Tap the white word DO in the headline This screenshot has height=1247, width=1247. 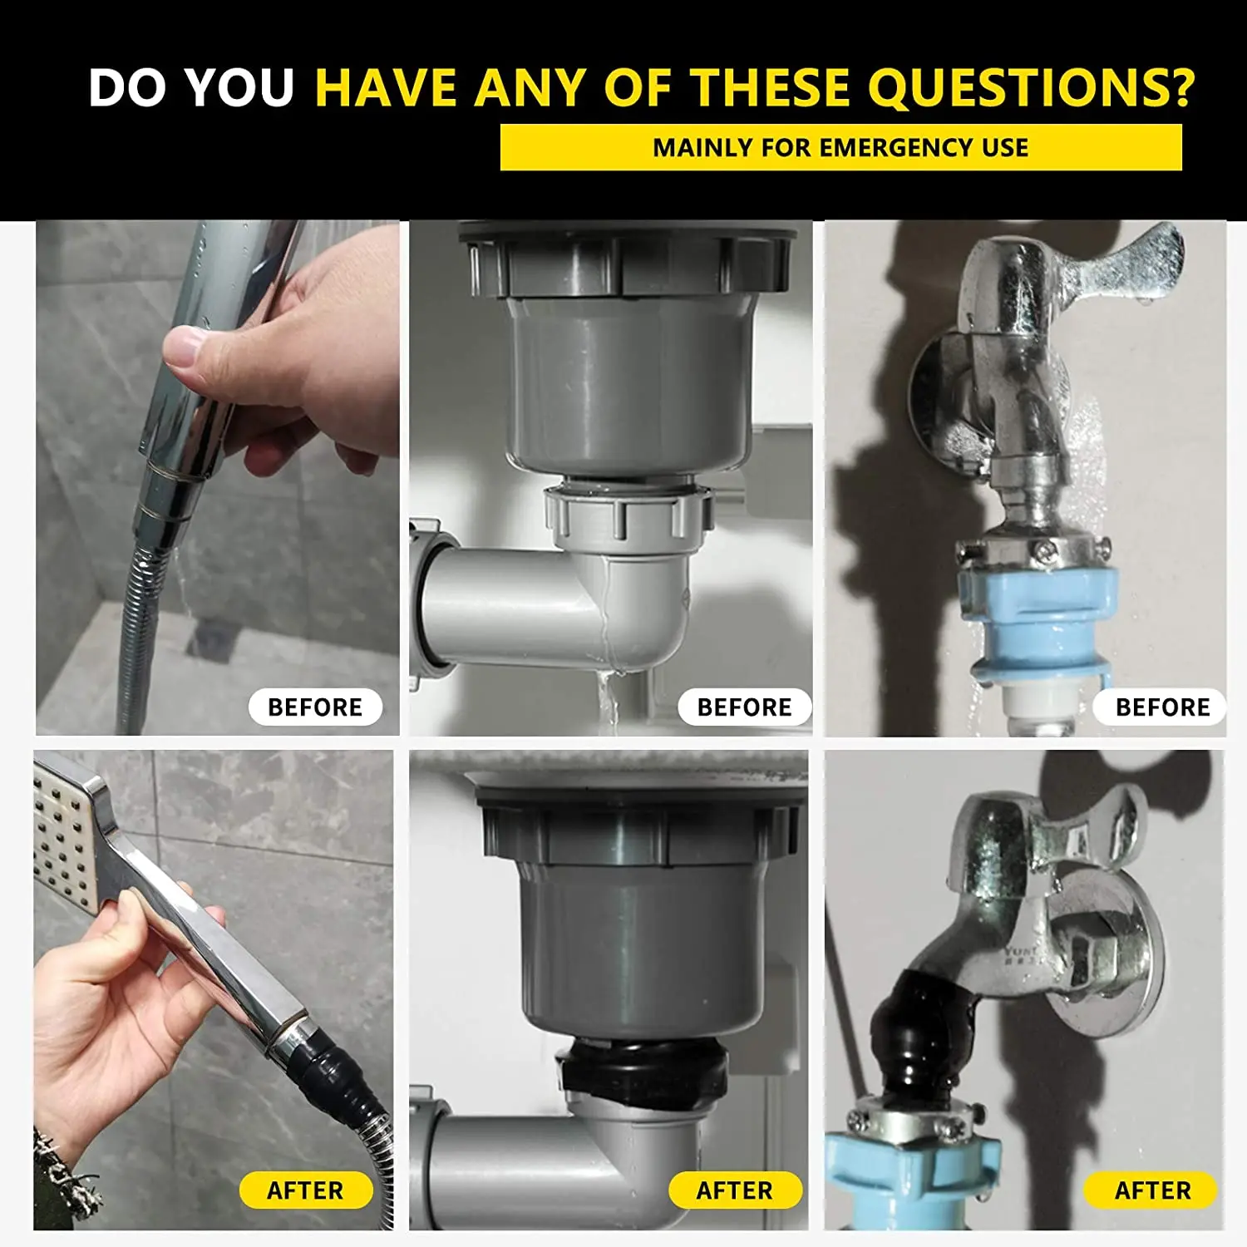130,87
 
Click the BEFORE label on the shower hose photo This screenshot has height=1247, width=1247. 315,707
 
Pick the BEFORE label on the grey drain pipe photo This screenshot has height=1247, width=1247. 744,707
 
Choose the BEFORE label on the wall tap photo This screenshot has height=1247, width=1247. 1161,707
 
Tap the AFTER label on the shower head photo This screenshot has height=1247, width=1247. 305,1190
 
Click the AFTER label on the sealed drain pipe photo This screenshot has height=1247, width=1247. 735,1190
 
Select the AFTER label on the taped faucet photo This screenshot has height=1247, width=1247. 1152,1190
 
